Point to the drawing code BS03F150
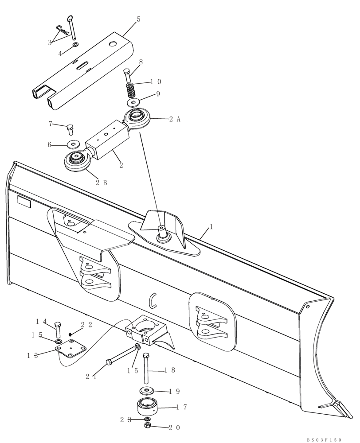[324, 439]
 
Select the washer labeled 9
[133, 103]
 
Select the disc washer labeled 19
[146, 391]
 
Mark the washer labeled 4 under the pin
[76, 46]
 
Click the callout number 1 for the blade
[211, 226]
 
